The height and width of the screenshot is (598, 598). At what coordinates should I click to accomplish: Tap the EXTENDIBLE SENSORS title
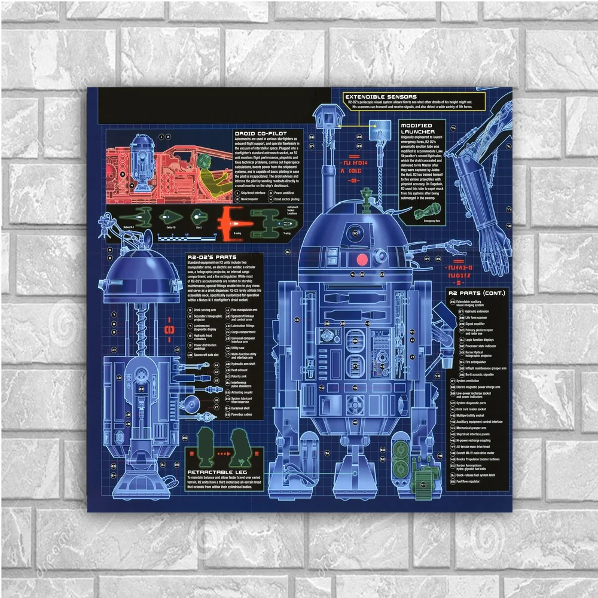(381, 96)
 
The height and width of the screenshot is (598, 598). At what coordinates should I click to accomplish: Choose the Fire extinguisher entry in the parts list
(475, 362)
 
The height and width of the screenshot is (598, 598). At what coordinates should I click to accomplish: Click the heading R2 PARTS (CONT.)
(477, 293)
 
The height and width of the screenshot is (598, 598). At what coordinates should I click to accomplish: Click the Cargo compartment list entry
(243, 332)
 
